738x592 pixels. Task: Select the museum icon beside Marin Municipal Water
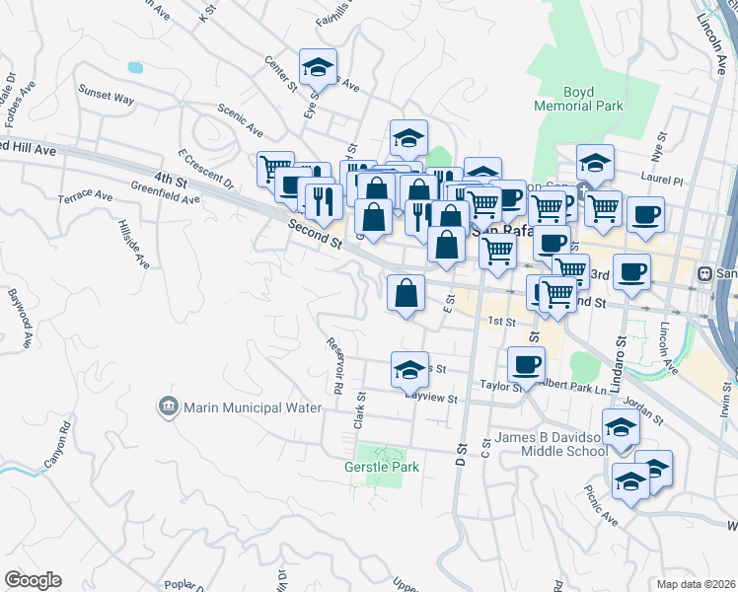click(x=168, y=407)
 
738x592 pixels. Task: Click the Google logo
click(x=32, y=580)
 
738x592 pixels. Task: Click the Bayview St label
click(x=431, y=399)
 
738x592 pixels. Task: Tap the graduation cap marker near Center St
click(x=318, y=68)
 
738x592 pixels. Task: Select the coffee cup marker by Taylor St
click(x=526, y=365)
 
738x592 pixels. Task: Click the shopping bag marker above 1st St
click(x=406, y=293)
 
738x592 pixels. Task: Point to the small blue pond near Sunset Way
click(x=134, y=68)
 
